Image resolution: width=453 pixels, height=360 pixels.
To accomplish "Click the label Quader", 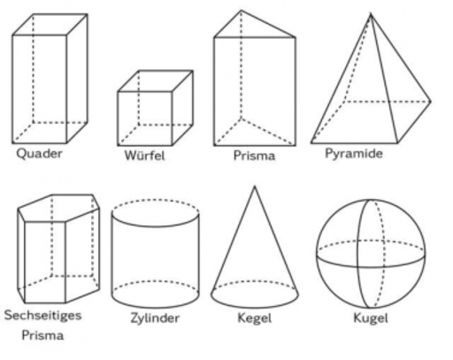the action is point(39,154).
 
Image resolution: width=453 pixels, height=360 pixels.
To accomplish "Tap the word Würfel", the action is point(144,156).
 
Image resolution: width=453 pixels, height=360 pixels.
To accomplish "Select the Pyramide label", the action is point(354,154).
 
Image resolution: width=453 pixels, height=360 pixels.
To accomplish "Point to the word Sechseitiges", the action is point(42,315).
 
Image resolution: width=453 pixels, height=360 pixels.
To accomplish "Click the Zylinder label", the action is point(155,318).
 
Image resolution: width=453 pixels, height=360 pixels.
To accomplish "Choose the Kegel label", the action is point(255,318).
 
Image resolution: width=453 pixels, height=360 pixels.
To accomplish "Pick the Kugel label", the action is point(371,318).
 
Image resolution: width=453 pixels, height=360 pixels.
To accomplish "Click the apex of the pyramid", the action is point(371,14).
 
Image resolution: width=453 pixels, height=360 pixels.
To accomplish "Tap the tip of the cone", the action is point(255,187).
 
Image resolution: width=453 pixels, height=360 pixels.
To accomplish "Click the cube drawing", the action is point(155,108).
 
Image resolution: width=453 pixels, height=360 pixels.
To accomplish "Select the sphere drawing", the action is point(371,254).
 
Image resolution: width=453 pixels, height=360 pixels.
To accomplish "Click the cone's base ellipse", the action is point(255,295).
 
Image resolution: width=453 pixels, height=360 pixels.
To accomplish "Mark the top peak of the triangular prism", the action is point(242,11).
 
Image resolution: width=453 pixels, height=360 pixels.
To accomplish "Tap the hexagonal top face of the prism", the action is point(58,208).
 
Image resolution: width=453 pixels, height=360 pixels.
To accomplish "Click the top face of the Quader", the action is point(50,25).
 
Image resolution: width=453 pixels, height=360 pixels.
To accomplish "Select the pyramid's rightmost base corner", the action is point(431,102).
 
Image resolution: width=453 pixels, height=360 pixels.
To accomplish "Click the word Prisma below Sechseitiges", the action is point(42,335).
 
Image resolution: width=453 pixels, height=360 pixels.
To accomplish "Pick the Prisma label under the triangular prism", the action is point(254,156).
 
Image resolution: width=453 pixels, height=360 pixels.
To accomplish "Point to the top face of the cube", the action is point(155,80).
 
